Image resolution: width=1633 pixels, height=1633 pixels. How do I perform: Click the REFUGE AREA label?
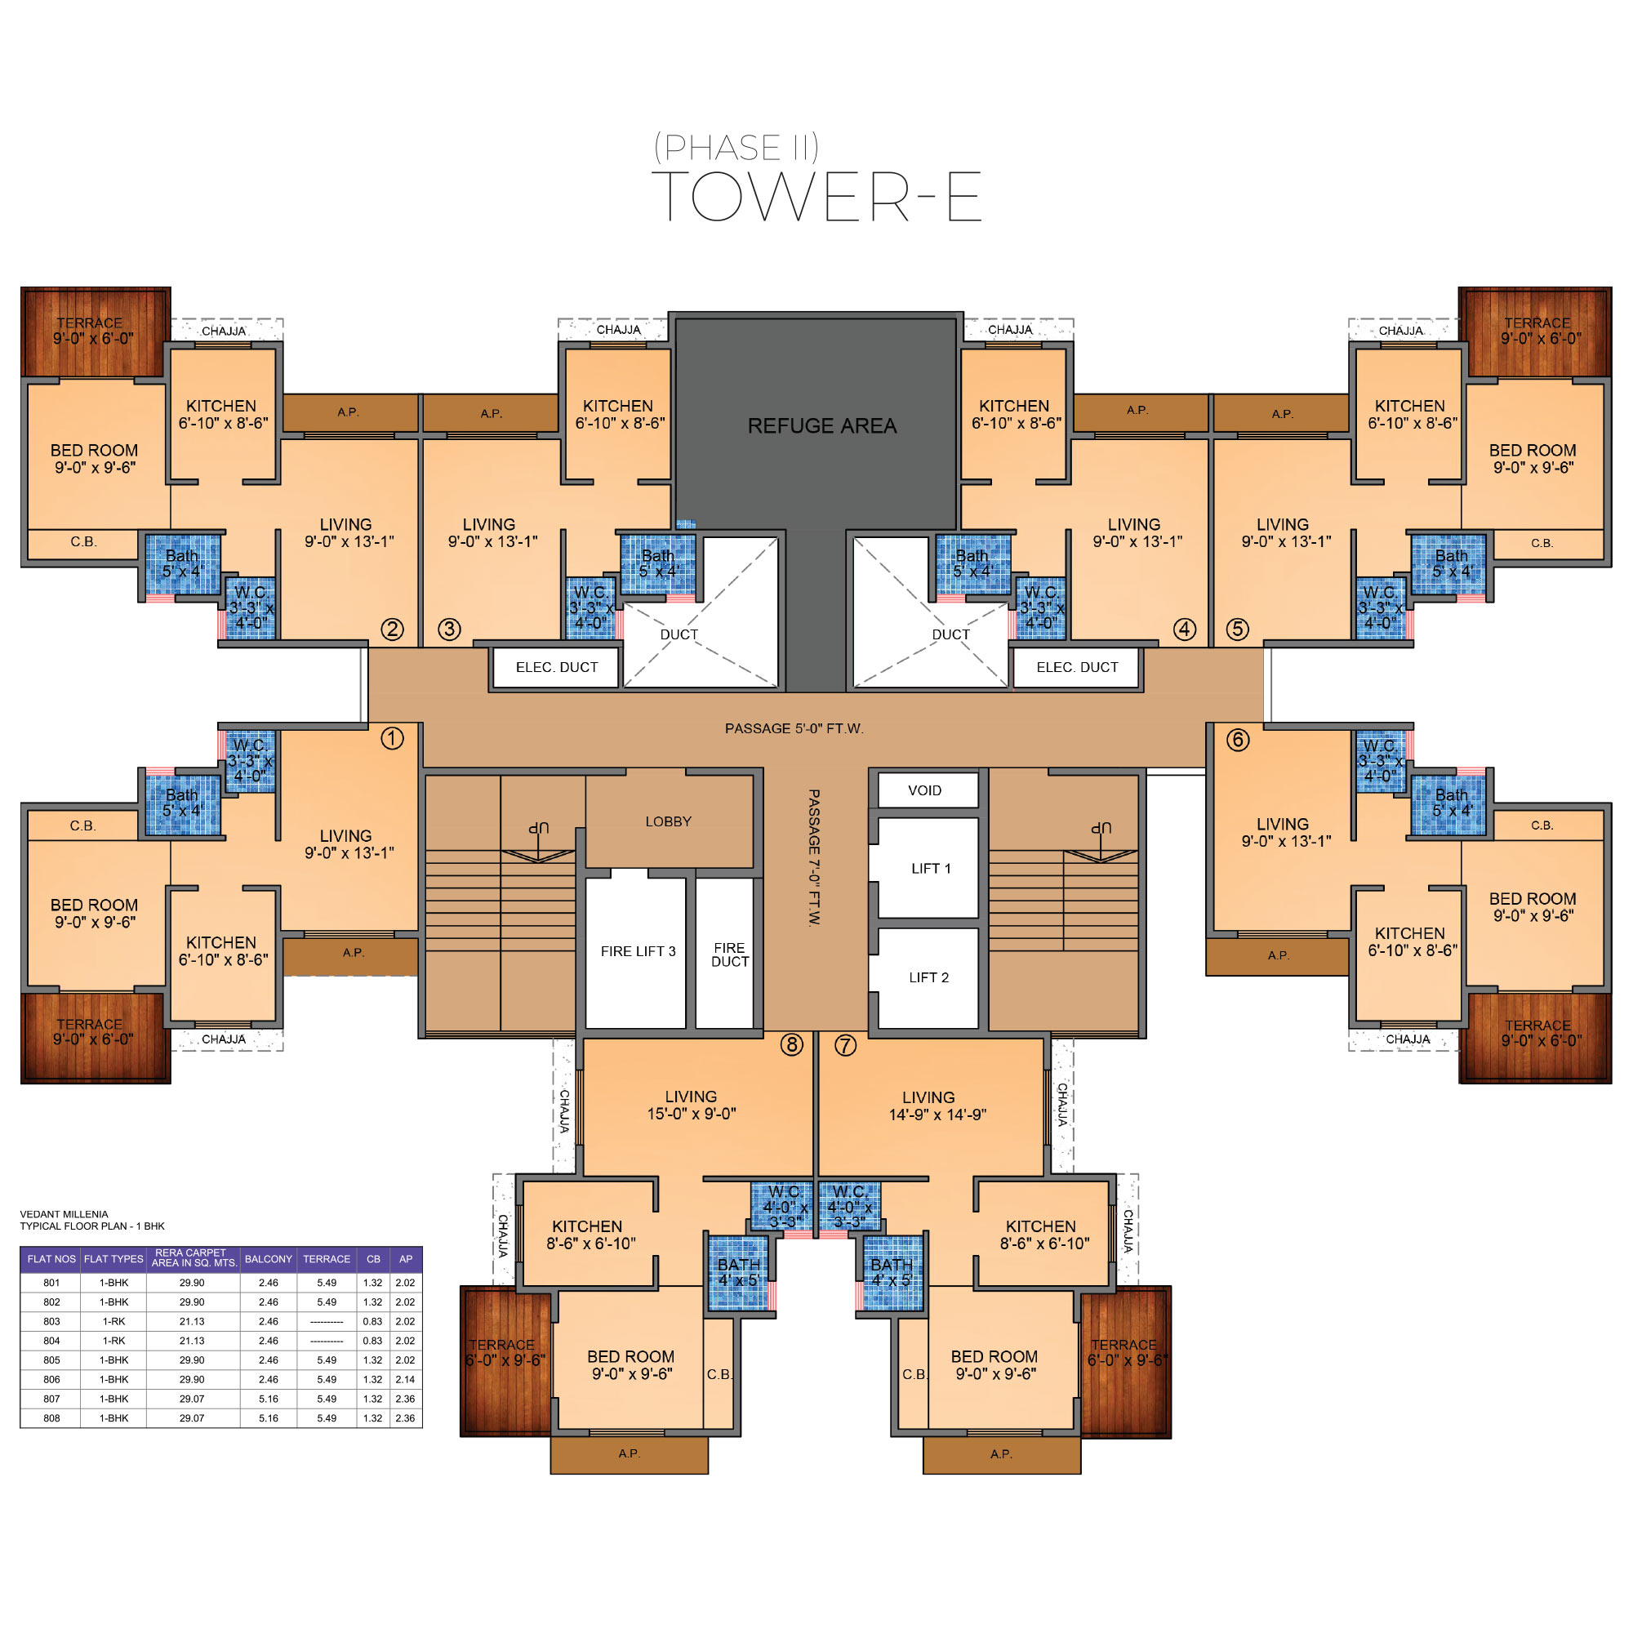(821, 426)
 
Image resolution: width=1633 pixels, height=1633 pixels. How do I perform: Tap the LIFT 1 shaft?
(928, 868)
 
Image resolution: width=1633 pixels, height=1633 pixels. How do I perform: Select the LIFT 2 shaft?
(928, 978)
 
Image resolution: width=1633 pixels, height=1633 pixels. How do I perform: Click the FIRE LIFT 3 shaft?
(635, 953)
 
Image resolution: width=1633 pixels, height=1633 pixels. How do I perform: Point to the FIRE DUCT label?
(729, 955)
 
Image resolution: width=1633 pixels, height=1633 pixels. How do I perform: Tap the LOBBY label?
(668, 821)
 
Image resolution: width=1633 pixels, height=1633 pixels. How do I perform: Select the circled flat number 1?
(392, 739)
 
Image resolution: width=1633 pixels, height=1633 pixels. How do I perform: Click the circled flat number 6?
(1238, 741)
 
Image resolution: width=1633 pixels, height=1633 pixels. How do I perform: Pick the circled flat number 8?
(791, 1045)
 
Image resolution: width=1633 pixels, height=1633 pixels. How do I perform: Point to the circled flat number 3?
(449, 629)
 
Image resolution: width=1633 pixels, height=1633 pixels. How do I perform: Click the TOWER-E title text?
(816, 196)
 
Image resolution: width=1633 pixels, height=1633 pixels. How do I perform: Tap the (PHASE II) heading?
(736, 148)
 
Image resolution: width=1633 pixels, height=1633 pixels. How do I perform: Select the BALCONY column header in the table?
(268, 1259)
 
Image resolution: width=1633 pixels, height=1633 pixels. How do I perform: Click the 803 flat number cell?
(51, 1321)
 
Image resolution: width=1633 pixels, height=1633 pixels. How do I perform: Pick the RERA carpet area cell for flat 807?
(192, 1399)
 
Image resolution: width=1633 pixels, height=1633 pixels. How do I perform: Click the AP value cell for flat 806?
(406, 1379)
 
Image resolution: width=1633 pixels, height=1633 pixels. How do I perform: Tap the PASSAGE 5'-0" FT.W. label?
(794, 728)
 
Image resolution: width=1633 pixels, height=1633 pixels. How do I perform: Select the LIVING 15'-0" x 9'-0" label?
(692, 1105)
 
